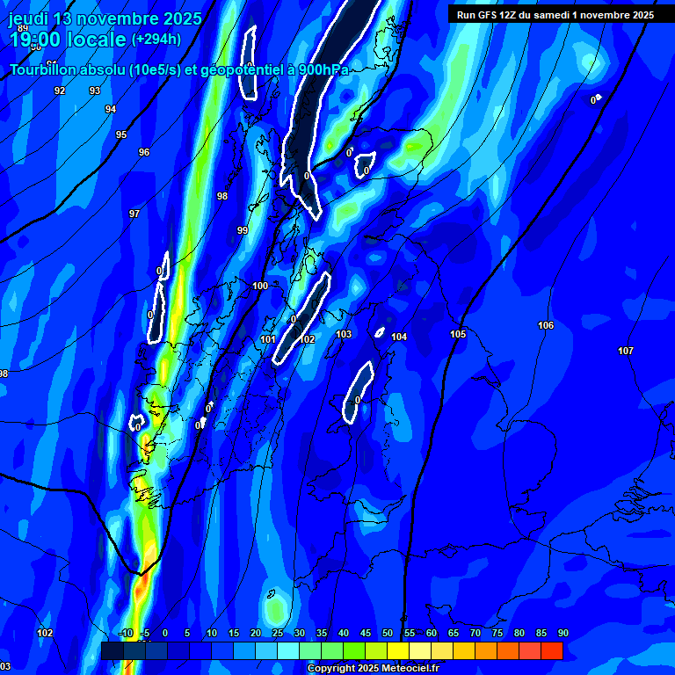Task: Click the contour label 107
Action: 626,351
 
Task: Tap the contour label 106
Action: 546,325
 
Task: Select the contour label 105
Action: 458,334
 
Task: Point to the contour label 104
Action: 399,337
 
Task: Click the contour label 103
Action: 344,334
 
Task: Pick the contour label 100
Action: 260,286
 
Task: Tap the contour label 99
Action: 243,230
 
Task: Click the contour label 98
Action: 222,196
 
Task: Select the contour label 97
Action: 134,214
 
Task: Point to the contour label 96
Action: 144,152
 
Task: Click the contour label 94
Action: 111,109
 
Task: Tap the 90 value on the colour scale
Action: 562,633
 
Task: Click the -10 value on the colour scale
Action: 126,633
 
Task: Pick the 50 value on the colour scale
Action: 388,633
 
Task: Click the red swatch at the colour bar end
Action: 551,650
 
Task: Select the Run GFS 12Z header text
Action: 555,15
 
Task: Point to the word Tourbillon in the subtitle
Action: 48,69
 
